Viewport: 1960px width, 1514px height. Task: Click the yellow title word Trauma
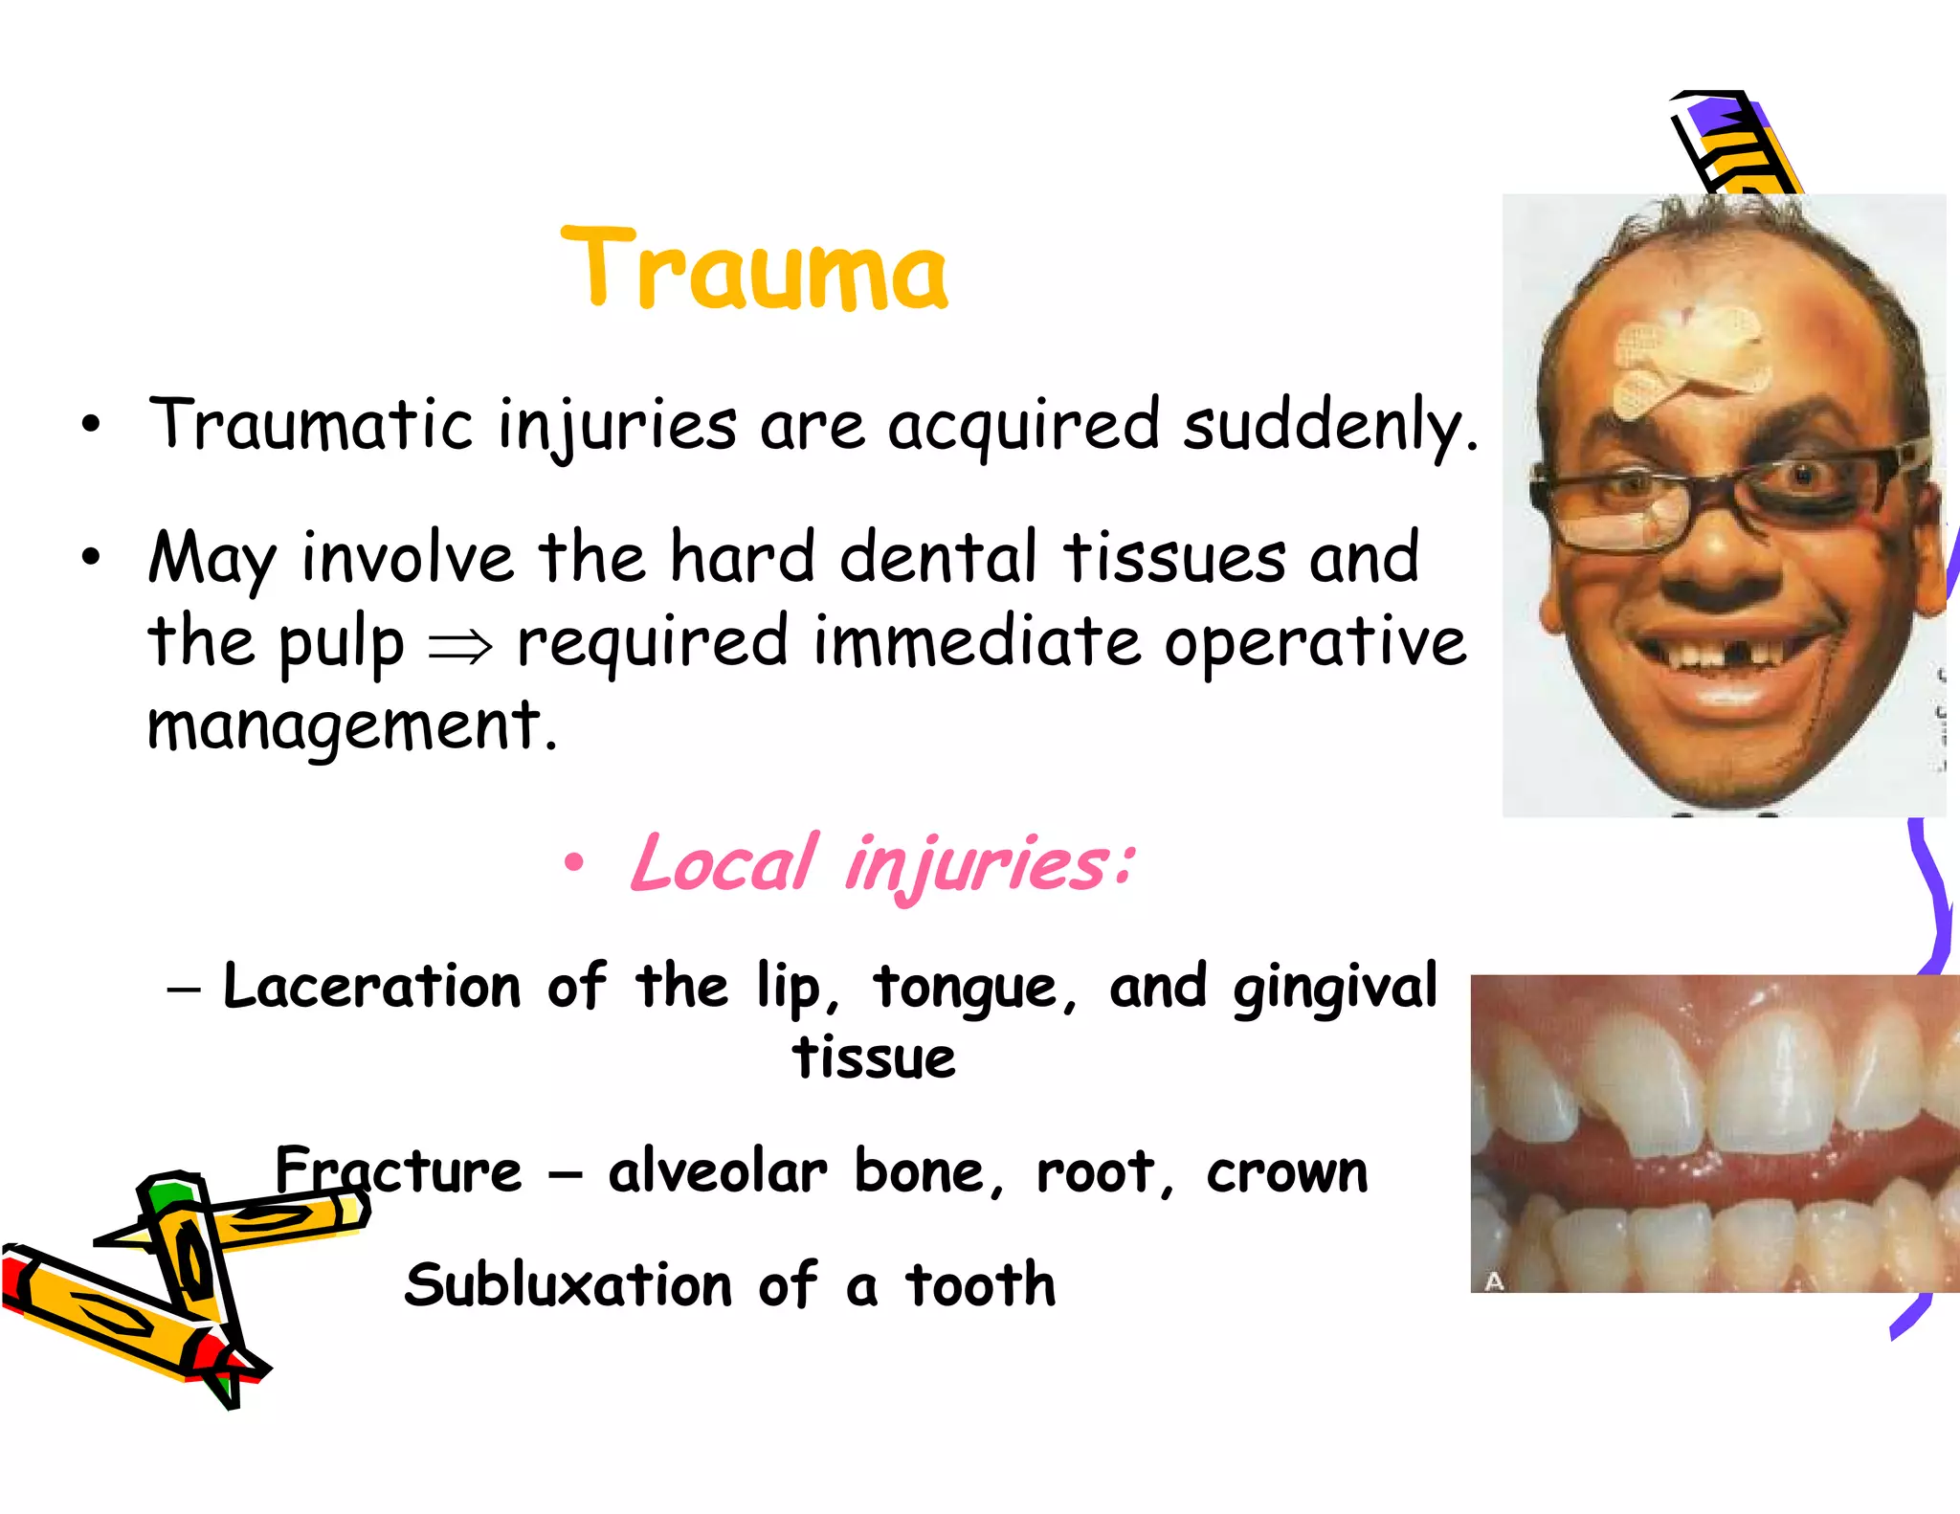pyautogui.click(x=755, y=270)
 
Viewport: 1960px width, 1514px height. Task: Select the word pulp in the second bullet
pyautogui.click(x=342, y=643)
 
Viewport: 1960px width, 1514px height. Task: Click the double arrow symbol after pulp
pyautogui.click(x=460, y=647)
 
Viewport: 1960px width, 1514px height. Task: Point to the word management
pyautogui.click(x=350, y=725)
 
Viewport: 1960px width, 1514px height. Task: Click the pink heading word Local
pyautogui.click(x=724, y=863)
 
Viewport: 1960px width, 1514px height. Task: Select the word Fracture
pyautogui.click(x=398, y=1170)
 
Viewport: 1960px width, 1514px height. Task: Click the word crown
pyautogui.click(x=1287, y=1172)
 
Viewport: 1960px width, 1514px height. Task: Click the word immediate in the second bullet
pyautogui.click(x=976, y=641)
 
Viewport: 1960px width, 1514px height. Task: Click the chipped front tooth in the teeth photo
pyautogui.click(x=1656, y=1101)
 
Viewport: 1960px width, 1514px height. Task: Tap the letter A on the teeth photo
pyautogui.click(x=1494, y=1280)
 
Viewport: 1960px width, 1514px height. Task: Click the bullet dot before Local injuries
pyautogui.click(x=573, y=863)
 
